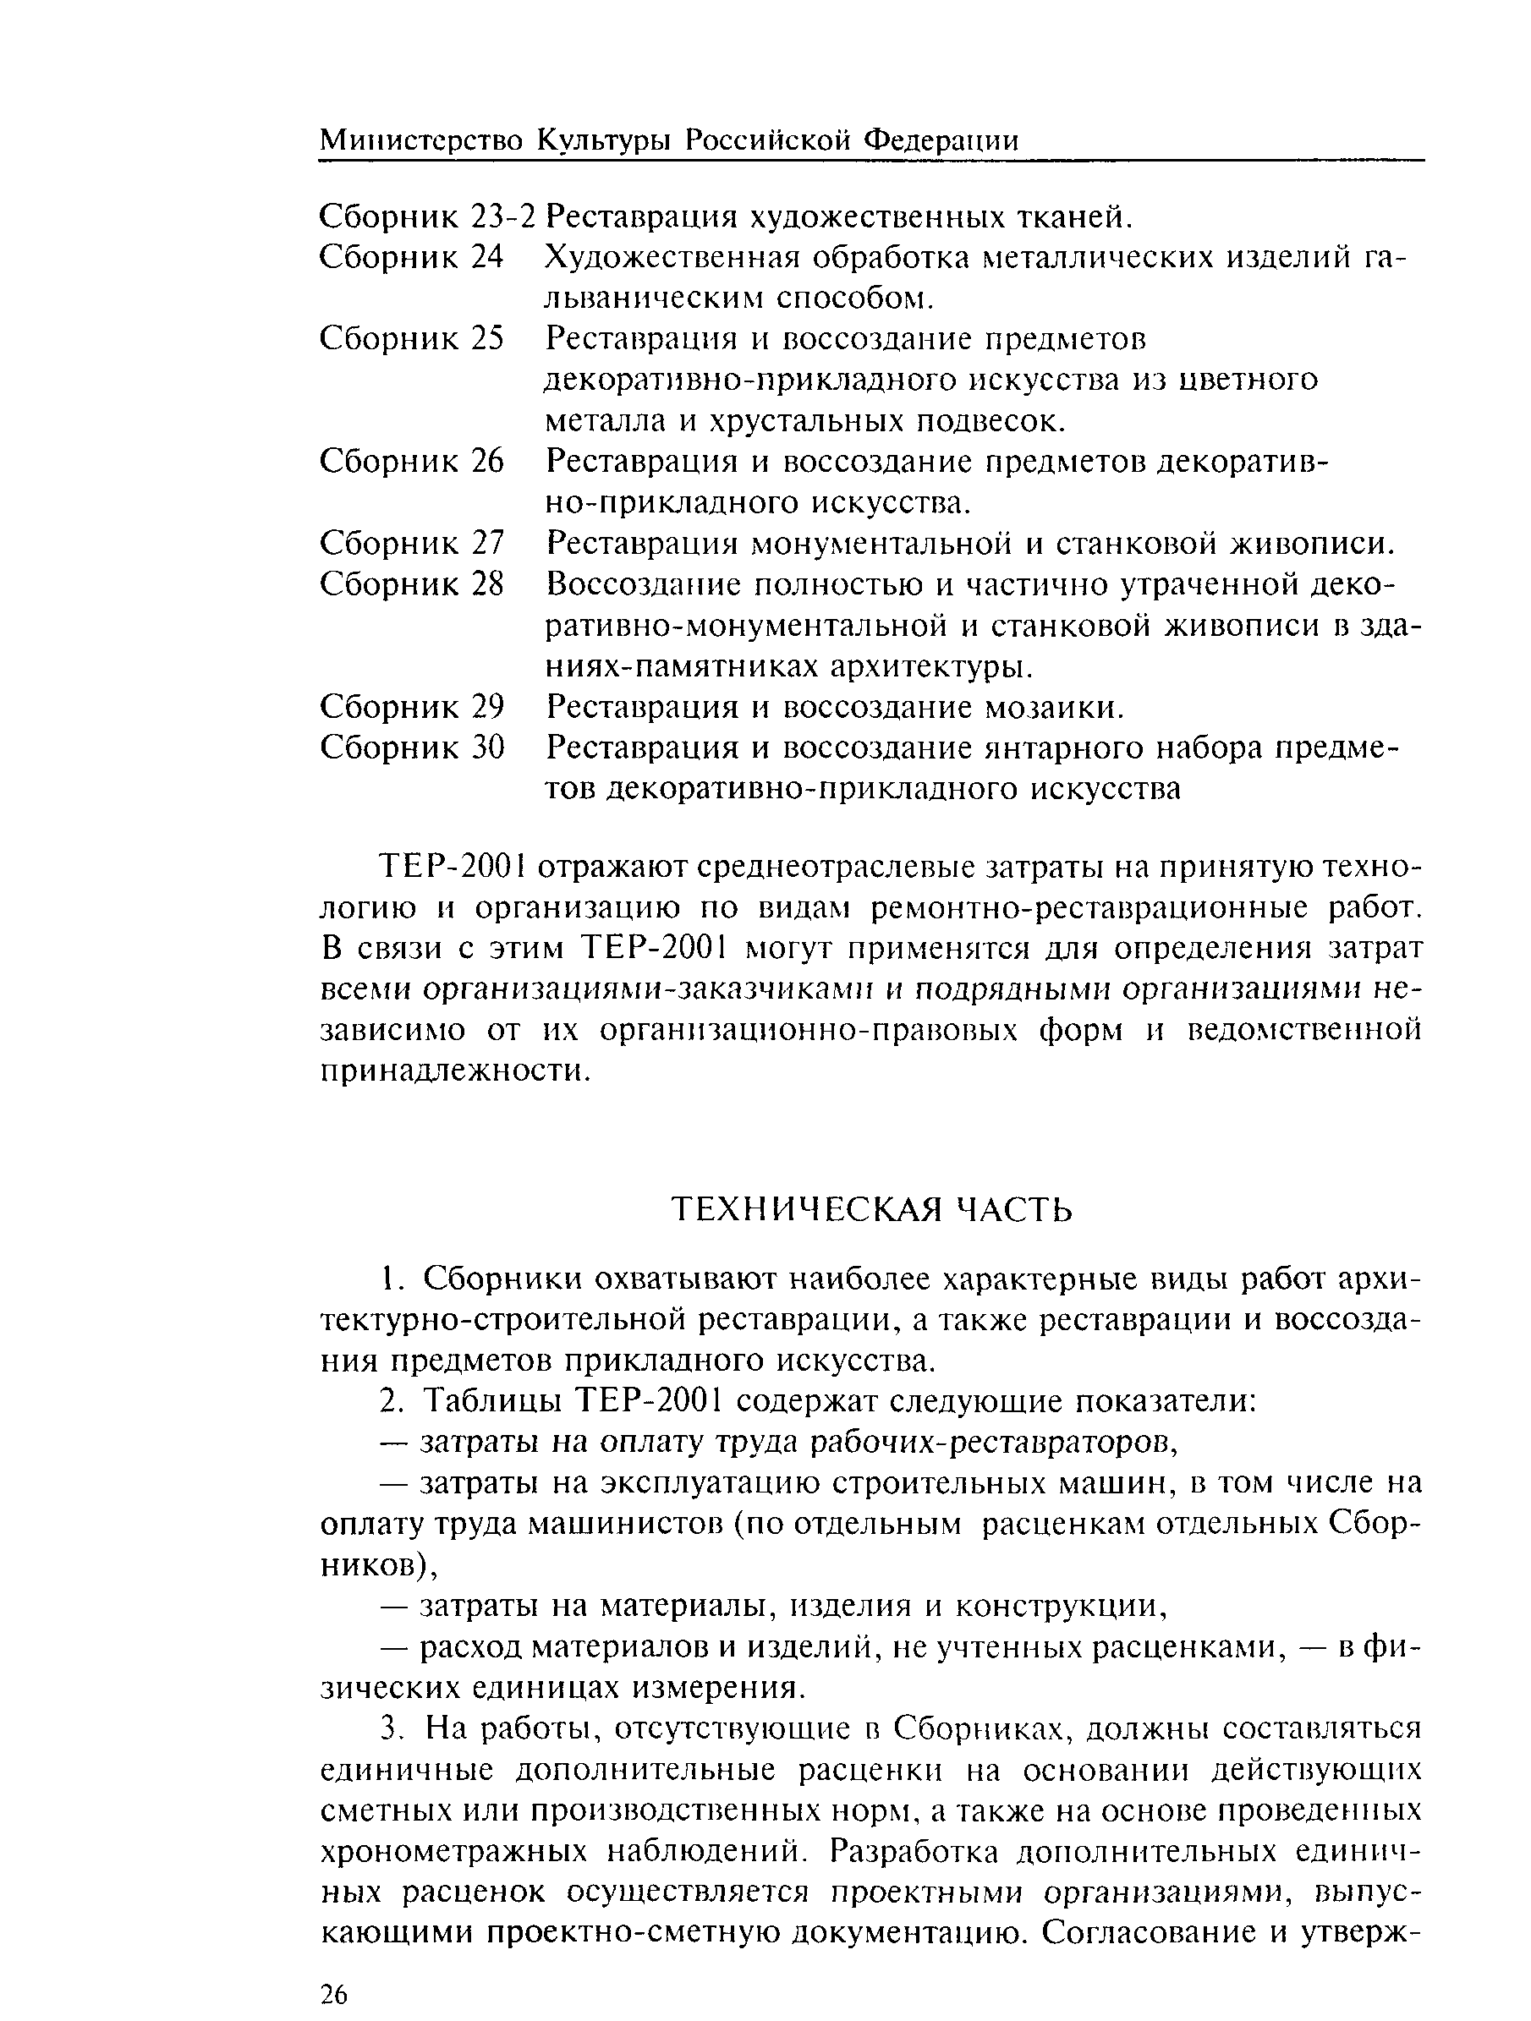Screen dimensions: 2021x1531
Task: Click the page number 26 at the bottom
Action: click(x=334, y=1988)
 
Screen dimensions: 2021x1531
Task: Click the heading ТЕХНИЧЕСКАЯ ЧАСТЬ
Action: click(x=872, y=1210)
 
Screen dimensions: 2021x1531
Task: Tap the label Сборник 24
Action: click(x=411, y=258)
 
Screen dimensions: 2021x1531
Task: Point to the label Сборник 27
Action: click(x=411, y=544)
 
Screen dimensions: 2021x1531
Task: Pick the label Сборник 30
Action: click(x=411, y=748)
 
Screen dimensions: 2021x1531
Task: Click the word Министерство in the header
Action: click(x=422, y=140)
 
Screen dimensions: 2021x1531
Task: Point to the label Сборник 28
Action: click(x=411, y=585)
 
